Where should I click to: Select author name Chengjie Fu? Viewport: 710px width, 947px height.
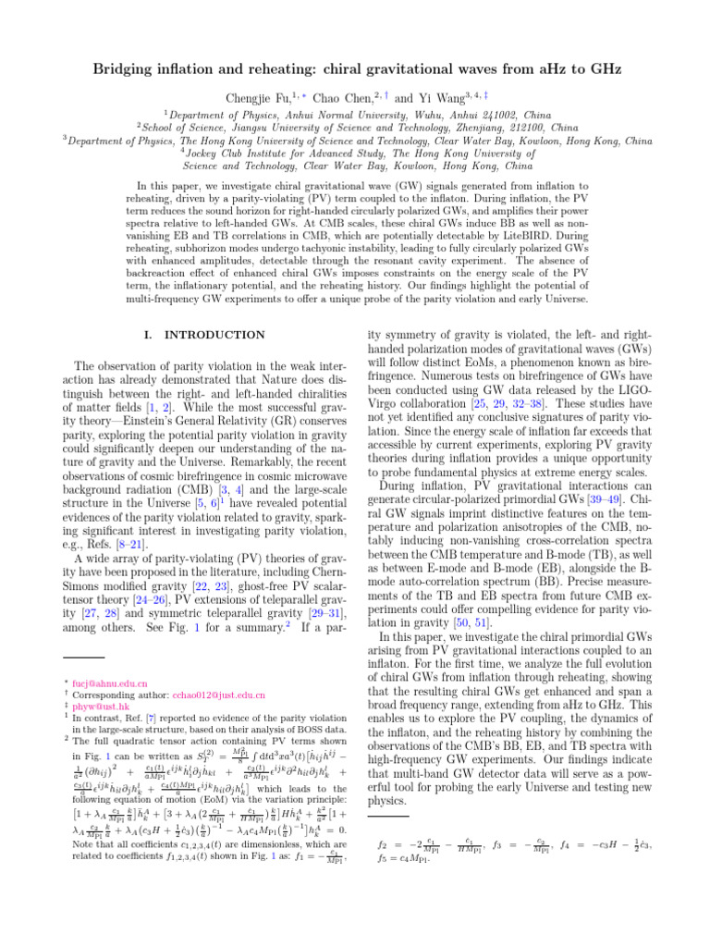(x=254, y=97)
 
